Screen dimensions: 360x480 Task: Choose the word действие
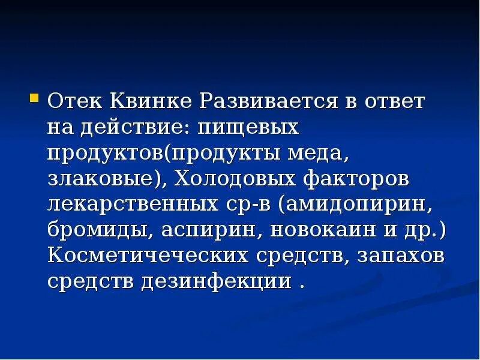tap(134, 127)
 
